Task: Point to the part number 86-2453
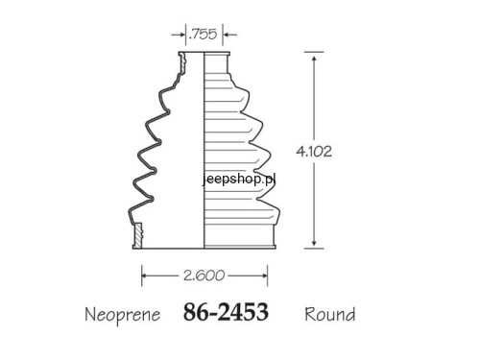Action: (x=226, y=313)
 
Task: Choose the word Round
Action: (x=329, y=314)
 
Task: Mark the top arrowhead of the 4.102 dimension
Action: (x=314, y=58)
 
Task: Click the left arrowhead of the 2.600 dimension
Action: (x=147, y=276)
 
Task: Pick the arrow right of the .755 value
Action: (x=227, y=34)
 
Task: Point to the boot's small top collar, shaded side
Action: (x=218, y=63)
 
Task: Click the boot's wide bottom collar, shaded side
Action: (x=240, y=234)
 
